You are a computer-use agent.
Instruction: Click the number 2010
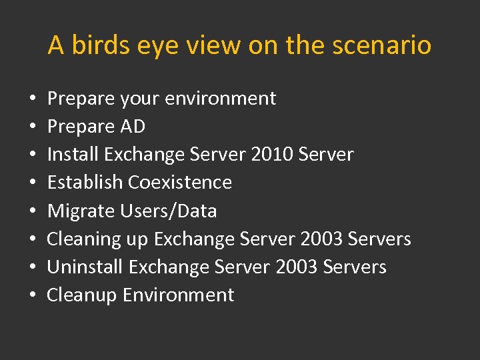pos(272,155)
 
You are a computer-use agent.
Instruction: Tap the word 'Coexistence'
pos(180,183)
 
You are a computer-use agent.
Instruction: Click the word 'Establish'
pos(85,183)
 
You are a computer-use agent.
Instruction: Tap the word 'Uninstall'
pos(85,267)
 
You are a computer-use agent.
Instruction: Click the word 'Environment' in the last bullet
pos(178,295)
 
